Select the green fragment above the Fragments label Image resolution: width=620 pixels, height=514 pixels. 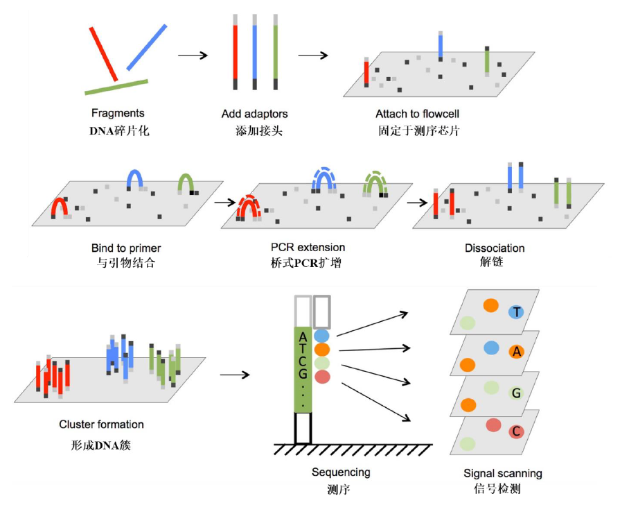click(116, 87)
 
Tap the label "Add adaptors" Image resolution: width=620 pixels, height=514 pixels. click(254, 114)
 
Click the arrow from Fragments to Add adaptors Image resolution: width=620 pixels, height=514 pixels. click(193, 55)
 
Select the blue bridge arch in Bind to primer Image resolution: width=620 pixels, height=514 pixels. click(134, 178)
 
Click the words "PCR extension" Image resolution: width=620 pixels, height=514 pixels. click(308, 248)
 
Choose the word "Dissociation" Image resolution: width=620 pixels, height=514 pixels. click(495, 248)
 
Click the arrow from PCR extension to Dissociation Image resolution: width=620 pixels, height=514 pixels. click(417, 203)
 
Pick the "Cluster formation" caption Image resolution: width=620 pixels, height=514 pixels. click(102, 425)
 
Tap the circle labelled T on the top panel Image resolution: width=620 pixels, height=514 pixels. click(517, 313)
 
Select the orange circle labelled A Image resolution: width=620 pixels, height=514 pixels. click(517, 352)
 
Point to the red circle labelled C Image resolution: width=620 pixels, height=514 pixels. click(516, 432)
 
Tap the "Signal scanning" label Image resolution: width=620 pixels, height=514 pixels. click(503, 474)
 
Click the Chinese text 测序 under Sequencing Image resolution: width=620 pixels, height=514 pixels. click(339, 490)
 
